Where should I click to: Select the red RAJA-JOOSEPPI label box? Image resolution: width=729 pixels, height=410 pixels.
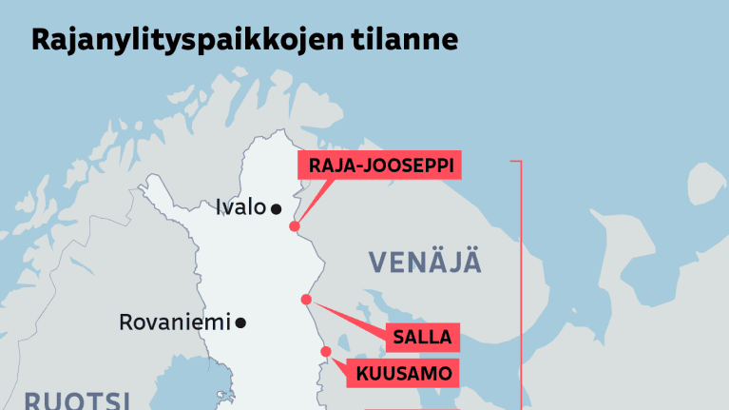(x=380, y=166)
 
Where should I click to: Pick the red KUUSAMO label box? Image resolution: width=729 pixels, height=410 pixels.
(x=405, y=373)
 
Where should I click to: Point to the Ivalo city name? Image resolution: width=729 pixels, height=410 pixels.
(x=240, y=207)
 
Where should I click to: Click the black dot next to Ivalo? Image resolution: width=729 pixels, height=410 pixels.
(x=276, y=208)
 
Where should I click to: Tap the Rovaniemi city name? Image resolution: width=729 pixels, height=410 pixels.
(x=175, y=322)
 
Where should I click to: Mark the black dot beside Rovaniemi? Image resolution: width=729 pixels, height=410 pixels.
(x=240, y=323)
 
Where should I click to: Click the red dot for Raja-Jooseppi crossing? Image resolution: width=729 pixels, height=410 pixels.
(x=295, y=226)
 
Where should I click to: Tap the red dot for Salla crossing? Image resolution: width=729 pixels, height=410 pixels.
(x=306, y=300)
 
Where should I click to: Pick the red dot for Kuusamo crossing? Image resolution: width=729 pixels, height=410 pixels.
(x=326, y=352)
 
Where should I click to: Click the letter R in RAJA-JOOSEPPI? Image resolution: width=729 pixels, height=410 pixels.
(x=315, y=166)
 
